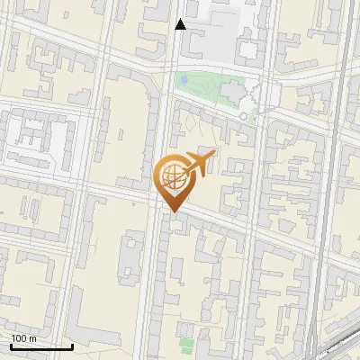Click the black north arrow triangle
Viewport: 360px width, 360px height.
click(x=180, y=24)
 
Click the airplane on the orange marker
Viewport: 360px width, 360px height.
click(x=201, y=163)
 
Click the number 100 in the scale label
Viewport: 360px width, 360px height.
click(x=19, y=337)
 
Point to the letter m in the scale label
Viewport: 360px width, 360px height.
click(x=33, y=337)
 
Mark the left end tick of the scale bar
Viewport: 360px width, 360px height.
click(x=10, y=345)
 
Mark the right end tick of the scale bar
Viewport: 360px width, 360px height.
click(x=72, y=345)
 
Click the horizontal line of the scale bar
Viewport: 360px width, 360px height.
click(x=40, y=346)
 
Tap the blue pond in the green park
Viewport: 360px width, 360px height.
click(x=184, y=80)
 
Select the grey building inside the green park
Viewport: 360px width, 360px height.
click(x=231, y=91)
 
